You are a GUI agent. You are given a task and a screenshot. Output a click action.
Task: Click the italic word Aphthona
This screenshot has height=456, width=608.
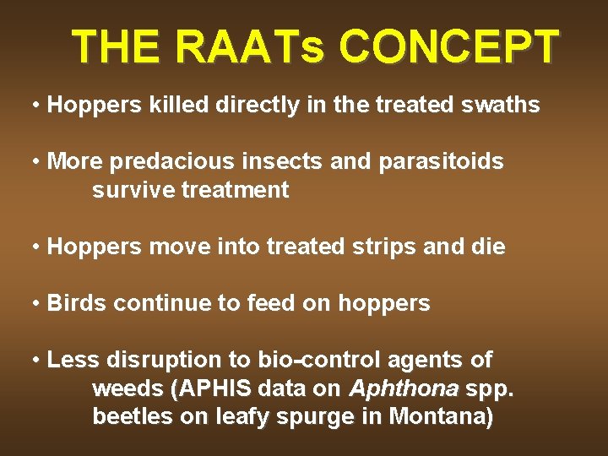coord(403,389)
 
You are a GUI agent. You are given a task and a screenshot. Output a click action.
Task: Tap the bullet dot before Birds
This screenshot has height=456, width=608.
coord(36,303)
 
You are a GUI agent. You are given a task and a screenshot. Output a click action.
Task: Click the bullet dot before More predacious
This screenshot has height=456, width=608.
coord(36,162)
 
